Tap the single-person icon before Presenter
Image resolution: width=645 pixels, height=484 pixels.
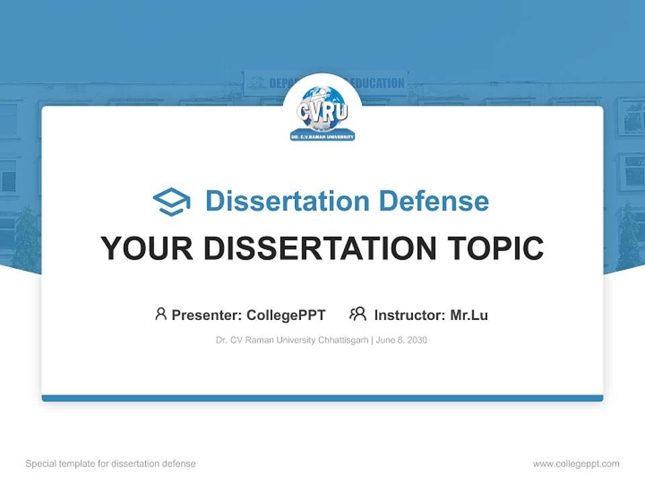coord(161,314)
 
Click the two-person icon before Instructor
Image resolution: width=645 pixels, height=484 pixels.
coord(357,314)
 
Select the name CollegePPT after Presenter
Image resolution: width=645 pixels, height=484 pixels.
coord(286,315)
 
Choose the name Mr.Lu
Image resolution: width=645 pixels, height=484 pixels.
coord(469,315)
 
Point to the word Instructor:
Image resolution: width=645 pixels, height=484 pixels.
coord(409,315)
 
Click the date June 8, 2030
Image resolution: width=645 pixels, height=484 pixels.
coord(402,340)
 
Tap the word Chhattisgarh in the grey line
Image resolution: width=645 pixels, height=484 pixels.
coord(343,340)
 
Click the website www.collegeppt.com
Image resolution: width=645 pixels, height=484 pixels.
coord(576,464)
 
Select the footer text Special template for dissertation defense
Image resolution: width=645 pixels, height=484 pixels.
coord(111,464)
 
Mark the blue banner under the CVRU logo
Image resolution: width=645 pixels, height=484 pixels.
coord(322,136)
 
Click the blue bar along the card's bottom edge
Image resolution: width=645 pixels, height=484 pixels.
coord(322,398)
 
